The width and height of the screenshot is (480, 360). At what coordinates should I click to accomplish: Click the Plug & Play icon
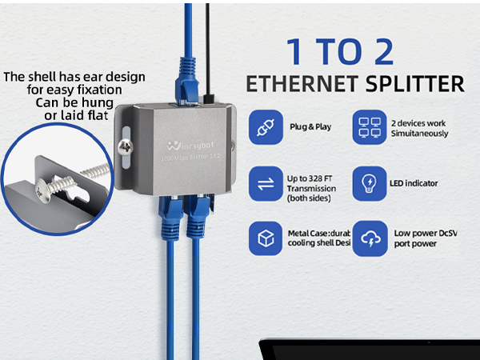coord(266,127)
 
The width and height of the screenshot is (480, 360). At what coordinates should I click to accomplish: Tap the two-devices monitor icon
coord(370,127)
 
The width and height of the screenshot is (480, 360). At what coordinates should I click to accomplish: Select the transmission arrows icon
coord(266,182)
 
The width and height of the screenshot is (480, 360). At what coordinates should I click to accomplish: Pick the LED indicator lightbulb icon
coord(370,182)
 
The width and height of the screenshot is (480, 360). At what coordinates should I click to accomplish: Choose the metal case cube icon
coord(266,238)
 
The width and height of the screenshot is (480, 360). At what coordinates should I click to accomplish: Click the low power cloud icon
coord(370,238)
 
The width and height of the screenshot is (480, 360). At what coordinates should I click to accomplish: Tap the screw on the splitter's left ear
coord(125,148)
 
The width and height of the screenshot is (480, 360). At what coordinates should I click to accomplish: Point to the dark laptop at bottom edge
coord(368,349)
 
